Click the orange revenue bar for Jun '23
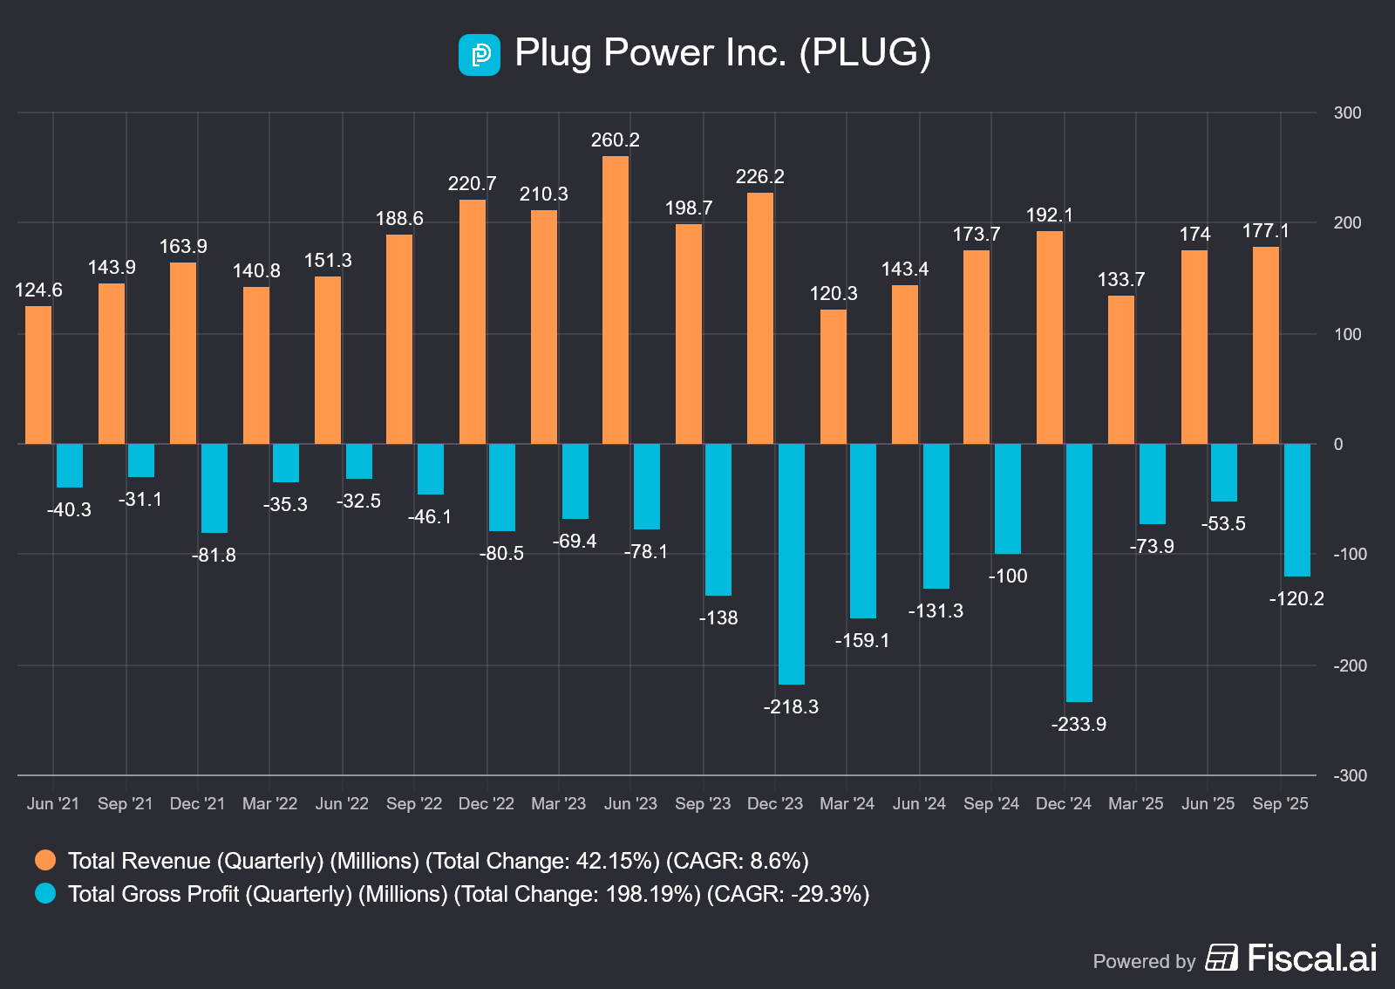(616, 300)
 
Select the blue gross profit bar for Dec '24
(1079, 572)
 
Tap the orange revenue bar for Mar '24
(834, 377)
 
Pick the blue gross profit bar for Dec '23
(792, 563)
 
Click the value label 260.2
(616, 140)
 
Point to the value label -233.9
(1079, 725)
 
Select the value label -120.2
(1296, 599)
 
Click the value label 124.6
(38, 290)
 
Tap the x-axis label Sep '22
(414, 804)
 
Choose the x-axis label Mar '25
(1136, 804)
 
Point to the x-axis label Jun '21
(53, 804)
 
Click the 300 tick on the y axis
(1347, 113)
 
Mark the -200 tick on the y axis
(1350, 666)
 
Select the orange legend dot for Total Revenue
(45, 861)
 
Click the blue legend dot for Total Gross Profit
(45, 894)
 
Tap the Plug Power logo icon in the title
(480, 55)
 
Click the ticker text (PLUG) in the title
(865, 53)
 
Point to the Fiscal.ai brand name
(1312, 958)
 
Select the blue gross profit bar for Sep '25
(1297, 510)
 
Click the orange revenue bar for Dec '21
(183, 353)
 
